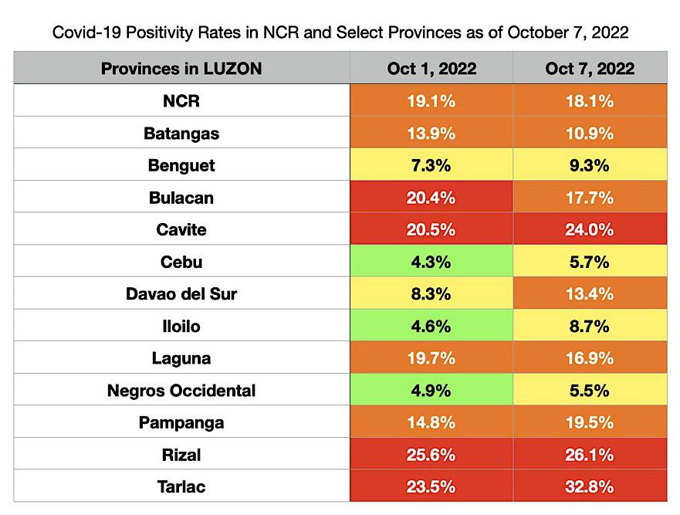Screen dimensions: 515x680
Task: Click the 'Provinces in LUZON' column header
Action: point(181,69)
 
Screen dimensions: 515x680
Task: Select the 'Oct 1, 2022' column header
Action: point(431,69)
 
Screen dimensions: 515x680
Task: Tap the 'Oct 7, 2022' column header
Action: point(590,69)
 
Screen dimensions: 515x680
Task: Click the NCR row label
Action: point(181,101)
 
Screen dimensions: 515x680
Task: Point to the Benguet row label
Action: point(181,165)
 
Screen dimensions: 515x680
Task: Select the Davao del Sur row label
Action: point(181,294)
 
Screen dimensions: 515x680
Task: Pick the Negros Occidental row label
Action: point(181,391)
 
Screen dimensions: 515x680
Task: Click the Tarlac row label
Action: point(181,487)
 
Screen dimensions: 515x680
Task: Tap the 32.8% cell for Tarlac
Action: point(590,487)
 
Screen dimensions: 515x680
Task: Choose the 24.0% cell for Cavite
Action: point(590,230)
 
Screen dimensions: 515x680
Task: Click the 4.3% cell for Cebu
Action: point(431,262)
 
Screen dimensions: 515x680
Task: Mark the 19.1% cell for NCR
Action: point(431,101)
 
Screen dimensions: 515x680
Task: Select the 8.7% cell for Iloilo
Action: point(590,327)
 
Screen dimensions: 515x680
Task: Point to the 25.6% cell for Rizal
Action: point(431,455)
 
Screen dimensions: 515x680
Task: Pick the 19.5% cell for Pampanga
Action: point(590,423)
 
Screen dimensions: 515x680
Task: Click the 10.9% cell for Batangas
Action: point(590,134)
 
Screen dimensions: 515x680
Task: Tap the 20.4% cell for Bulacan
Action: point(431,198)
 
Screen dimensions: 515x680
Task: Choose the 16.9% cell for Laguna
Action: point(590,358)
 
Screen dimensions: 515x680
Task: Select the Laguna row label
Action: point(181,358)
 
